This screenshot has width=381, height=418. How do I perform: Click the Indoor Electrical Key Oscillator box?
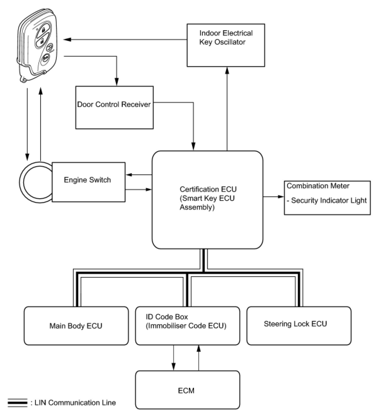click(x=226, y=45)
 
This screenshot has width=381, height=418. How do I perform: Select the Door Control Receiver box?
click(x=115, y=108)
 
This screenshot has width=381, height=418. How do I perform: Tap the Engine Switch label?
click(x=87, y=180)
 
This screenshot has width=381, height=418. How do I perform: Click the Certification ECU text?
click(x=208, y=189)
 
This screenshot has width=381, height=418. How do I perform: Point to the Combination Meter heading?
click(x=318, y=186)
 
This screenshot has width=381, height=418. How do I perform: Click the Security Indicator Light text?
click(x=329, y=200)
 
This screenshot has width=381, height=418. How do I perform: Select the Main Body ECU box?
click(x=76, y=326)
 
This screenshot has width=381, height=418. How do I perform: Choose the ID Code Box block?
click(x=187, y=326)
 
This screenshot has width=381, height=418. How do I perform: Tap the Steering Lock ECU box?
click(x=299, y=326)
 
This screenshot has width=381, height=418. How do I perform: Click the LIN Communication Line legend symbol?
click(x=18, y=403)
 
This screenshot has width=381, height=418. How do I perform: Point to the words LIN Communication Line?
click(x=75, y=403)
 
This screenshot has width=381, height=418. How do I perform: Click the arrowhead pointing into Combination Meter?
click(x=281, y=196)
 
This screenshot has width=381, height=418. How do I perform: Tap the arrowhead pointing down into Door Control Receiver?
click(x=117, y=82)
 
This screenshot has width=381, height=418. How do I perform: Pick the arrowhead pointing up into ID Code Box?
click(x=198, y=349)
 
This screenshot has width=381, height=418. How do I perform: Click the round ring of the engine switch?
click(x=36, y=182)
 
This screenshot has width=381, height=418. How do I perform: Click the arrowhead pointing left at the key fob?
click(x=67, y=39)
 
